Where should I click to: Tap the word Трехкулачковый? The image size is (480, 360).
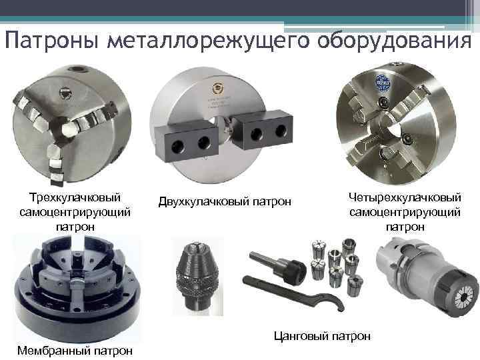pos(75,197)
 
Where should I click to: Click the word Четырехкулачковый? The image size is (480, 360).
pos(405,197)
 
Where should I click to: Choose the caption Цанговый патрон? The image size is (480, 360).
pos(323,335)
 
